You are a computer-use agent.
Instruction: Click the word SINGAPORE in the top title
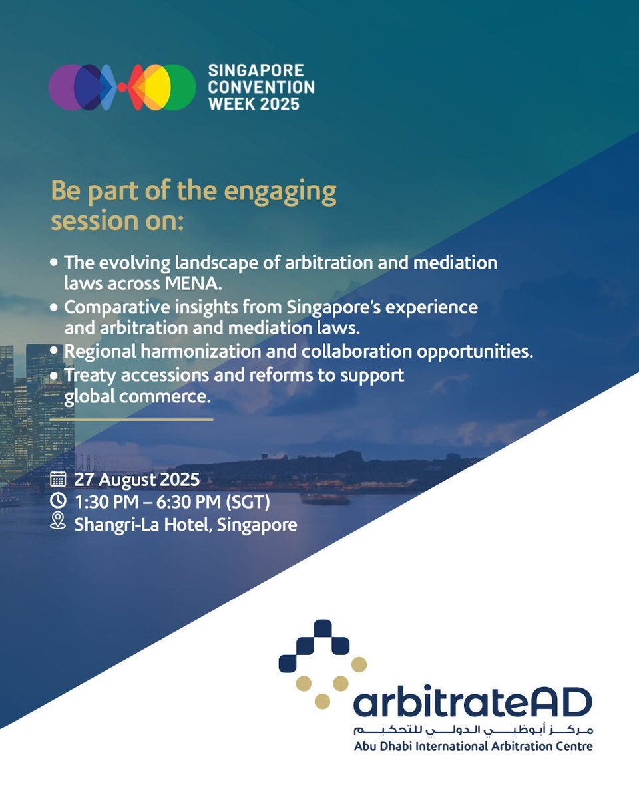(x=256, y=70)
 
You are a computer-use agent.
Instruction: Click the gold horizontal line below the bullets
(x=131, y=420)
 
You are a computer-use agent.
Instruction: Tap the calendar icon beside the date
(x=58, y=479)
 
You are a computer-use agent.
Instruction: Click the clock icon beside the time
(x=58, y=501)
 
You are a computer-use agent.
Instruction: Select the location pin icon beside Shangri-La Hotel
(x=58, y=522)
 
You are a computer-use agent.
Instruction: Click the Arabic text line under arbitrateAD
(x=473, y=730)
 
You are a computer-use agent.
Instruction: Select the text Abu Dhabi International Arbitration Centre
(x=473, y=746)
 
